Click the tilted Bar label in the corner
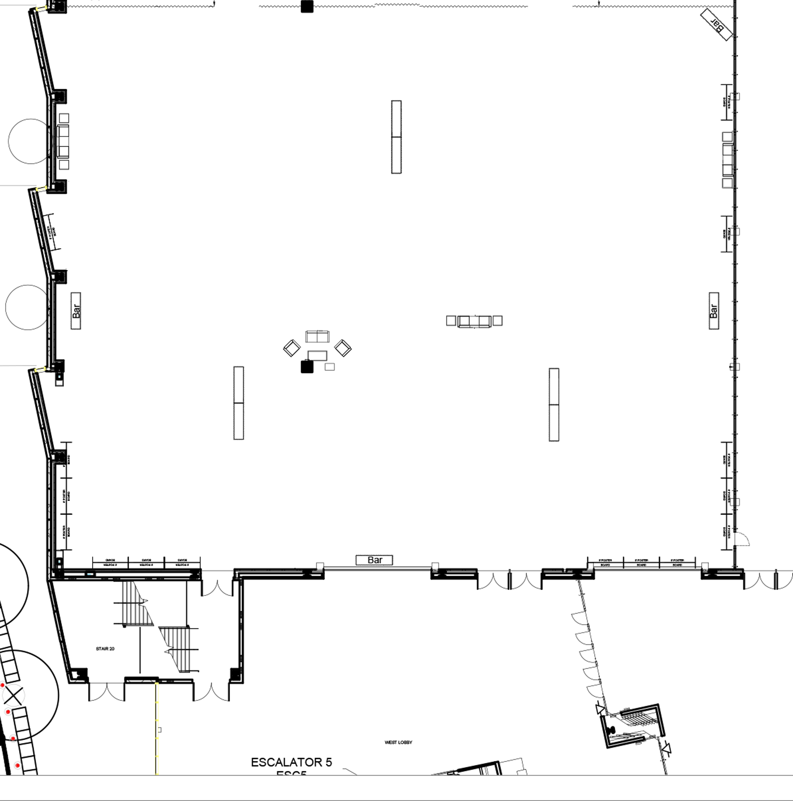(716, 25)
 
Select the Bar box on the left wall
(76, 311)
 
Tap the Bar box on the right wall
(714, 311)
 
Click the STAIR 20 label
(105, 649)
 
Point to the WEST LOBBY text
(398, 743)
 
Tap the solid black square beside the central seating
(307, 367)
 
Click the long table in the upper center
(396, 137)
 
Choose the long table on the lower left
(239, 403)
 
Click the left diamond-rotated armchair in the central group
(292, 348)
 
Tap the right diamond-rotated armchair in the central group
(343, 348)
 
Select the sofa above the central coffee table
(317, 337)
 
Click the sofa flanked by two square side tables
(474, 321)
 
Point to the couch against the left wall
(62, 142)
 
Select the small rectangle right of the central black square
(329, 367)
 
